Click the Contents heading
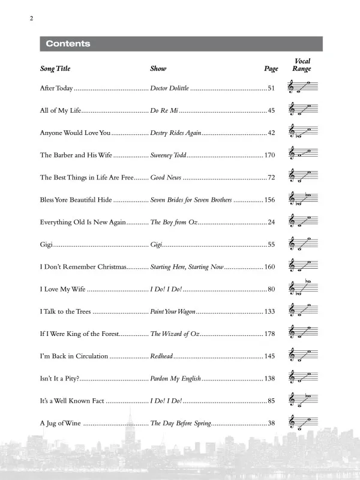click(x=68, y=44)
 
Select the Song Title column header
click(x=55, y=69)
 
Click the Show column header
click(x=158, y=69)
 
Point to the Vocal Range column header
click(x=301, y=65)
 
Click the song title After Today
click(x=56, y=89)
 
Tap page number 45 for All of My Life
click(x=271, y=111)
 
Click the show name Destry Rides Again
click(x=175, y=133)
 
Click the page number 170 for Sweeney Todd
click(x=269, y=155)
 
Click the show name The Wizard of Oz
click(x=175, y=334)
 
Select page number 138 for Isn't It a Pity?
click(x=269, y=379)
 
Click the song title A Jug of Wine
click(x=61, y=423)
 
